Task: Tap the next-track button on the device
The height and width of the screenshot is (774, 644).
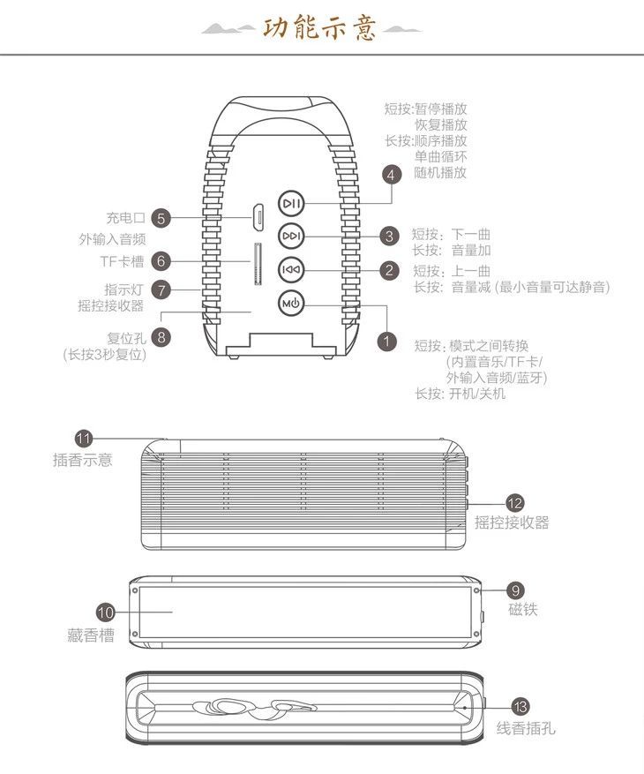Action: [x=292, y=237]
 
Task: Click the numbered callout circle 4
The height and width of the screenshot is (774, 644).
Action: [x=392, y=174]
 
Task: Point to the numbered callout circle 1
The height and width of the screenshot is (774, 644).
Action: [x=386, y=339]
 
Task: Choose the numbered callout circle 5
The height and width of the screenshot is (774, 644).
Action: [x=161, y=217]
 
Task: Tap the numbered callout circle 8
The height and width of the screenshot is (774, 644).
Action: [x=161, y=336]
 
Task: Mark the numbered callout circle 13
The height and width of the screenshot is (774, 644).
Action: [x=520, y=706]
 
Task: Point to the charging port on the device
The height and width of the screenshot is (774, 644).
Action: [x=258, y=214]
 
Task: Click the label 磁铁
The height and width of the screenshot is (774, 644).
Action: [x=522, y=610]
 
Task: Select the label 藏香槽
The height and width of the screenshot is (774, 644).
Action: [x=90, y=635]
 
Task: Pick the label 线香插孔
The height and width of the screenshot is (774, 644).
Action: [x=526, y=728]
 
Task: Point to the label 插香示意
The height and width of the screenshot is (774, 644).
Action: [x=82, y=460]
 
